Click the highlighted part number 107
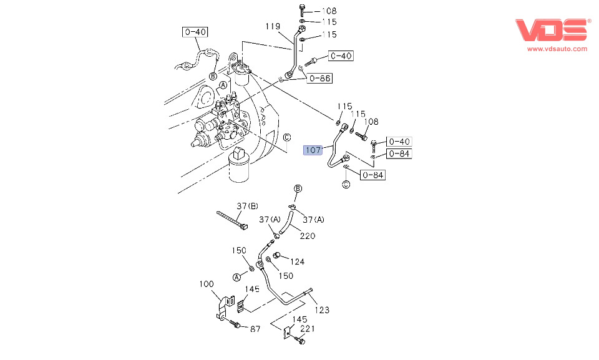coord(313,150)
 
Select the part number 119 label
coord(273,26)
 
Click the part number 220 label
coord(307,236)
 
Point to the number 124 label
coord(297,261)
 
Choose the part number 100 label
coord(207,284)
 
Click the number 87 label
coord(255,329)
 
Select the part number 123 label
coord(322,309)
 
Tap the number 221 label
coord(308,328)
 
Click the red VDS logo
coord(552,31)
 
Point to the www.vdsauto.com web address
coord(557,49)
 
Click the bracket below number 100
coord(222,309)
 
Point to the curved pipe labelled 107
coord(334,153)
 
